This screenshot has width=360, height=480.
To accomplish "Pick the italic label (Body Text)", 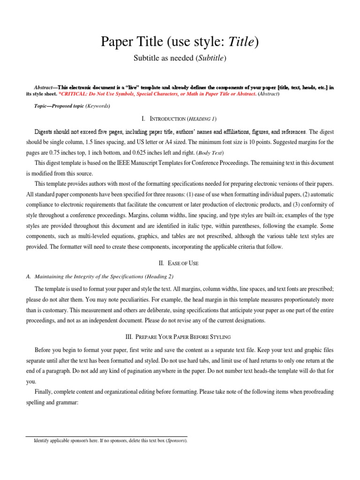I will (209, 153).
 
